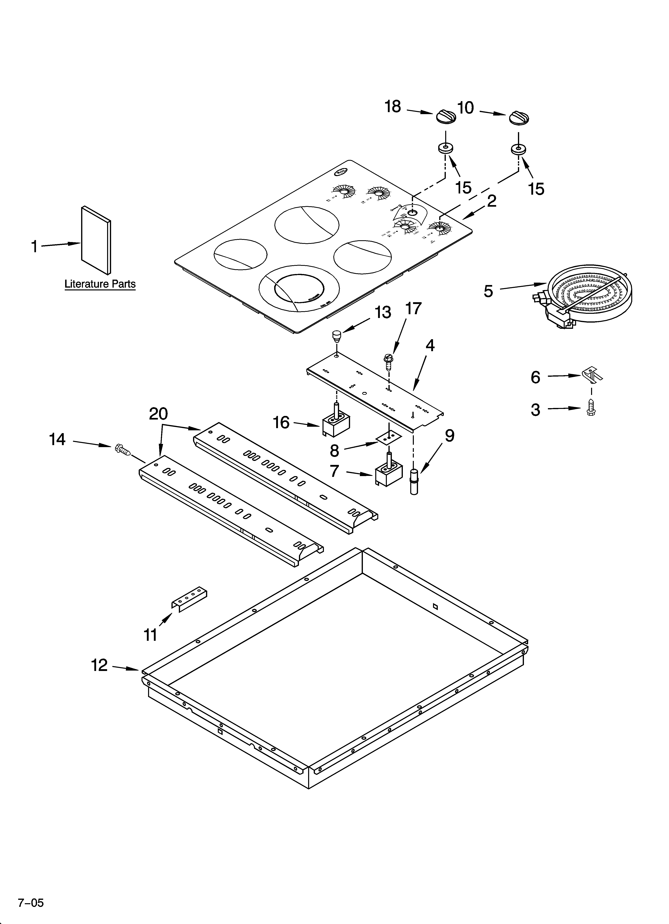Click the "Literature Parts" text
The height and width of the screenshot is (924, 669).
click(100, 284)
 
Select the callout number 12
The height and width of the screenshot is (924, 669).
click(99, 665)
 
